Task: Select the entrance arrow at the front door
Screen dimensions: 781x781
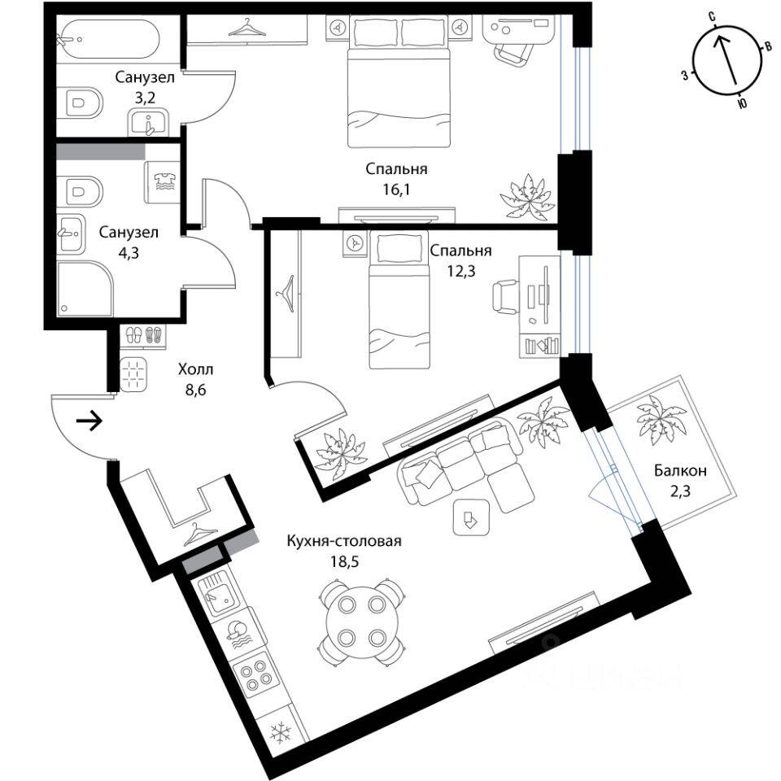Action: [x=89, y=421]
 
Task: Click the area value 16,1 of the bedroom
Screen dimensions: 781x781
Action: [x=396, y=188]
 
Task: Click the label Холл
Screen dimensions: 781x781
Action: [x=195, y=370]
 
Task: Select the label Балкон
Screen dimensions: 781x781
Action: [x=678, y=470]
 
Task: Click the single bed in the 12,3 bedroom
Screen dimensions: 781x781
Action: [x=399, y=301]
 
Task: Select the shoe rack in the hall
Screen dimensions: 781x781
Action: [x=142, y=336]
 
